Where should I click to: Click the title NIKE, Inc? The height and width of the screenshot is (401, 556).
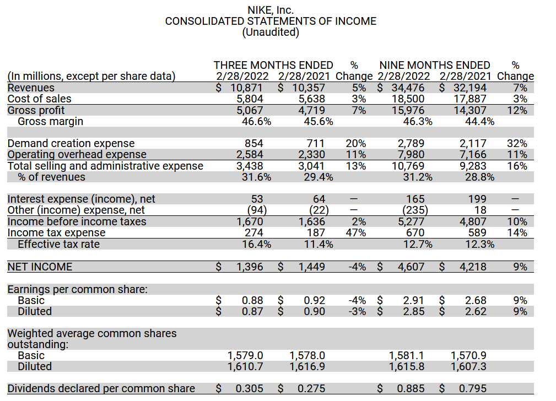[x=271, y=10]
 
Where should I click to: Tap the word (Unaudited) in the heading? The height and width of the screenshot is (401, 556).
[x=271, y=32]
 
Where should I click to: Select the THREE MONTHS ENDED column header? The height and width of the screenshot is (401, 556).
[x=273, y=66]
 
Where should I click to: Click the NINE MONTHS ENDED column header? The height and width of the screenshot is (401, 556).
[x=435, y=66]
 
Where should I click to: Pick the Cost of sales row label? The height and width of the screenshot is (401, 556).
[x=39, y=99]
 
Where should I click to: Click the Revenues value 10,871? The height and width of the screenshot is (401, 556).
[x=246, y=88]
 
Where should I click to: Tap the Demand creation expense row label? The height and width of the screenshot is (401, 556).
[x=71, y=144]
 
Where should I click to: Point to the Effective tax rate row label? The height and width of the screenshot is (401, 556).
[x=58, y=244]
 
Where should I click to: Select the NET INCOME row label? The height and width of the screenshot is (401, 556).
[x=40, y=267]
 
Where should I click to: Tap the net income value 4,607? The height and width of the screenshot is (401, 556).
[x=411, y=267]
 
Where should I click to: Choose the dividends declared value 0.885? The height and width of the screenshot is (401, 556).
[x=411, y=389]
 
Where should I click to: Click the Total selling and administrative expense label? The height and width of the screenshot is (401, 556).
[x=105, y=166]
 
